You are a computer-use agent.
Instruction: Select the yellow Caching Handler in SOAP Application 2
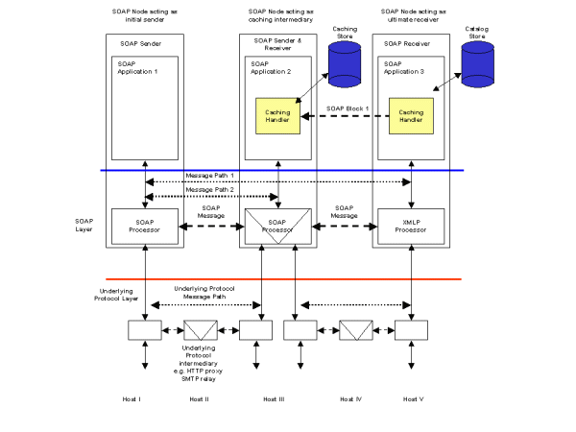(277, 116)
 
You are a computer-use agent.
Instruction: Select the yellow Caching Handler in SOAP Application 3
(411, 116)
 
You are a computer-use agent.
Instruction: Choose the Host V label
(412, 398)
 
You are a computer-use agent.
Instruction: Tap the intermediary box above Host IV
(357, 330)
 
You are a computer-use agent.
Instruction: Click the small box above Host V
(411, 330)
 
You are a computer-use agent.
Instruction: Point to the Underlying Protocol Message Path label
(205, 293)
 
